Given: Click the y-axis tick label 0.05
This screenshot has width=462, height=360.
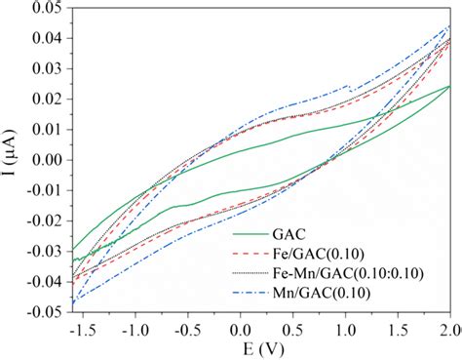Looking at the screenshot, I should coord(46,9).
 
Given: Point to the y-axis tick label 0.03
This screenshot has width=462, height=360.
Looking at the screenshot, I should coord(46,68).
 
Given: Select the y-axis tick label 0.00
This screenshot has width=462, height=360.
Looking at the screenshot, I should coord(46,159).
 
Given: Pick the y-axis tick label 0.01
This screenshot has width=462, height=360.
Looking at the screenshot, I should coord(46,129).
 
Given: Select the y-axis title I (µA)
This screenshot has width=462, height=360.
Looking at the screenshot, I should coord(12,159).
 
